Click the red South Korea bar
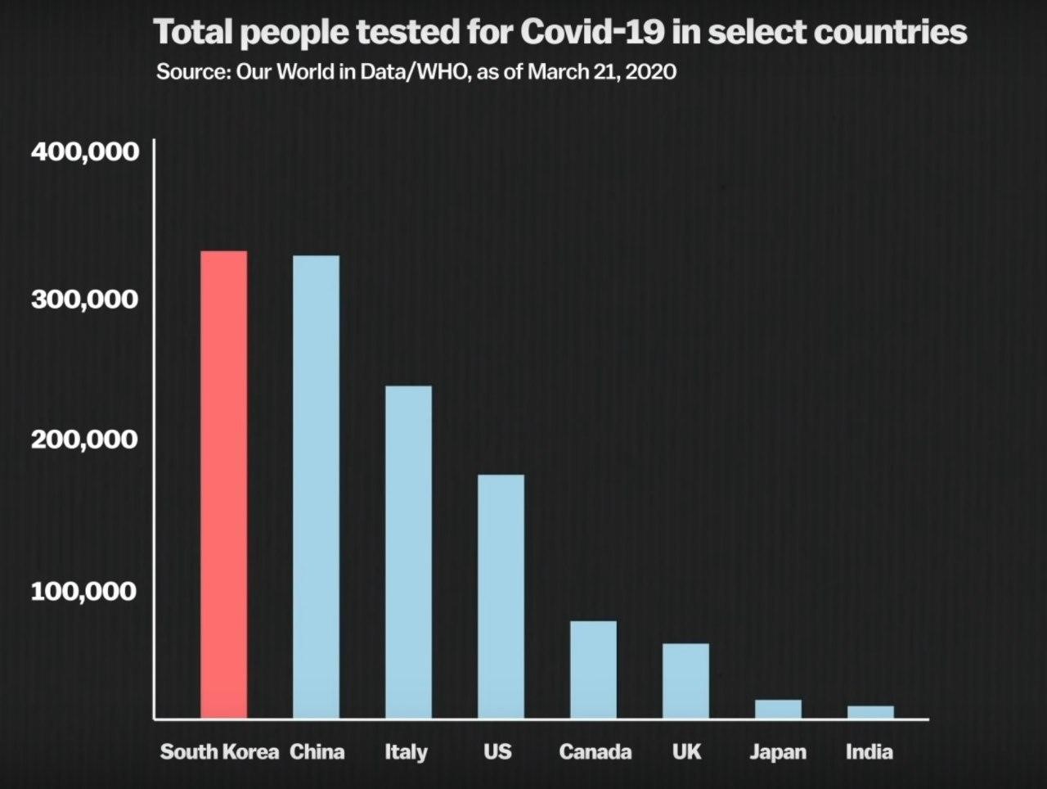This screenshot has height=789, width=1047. pyautogui.click(x=224, y=485)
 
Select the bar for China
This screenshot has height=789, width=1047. pyautogui.click(x=316, y=487)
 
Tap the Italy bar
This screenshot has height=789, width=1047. pyautogui.click(x=408, y=552)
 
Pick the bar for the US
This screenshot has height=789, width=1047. pyautogui.click(x=501, y=597)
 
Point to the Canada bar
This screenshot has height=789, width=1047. pyautogui.click(x=593, y=670)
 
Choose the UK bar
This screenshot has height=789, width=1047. pyautogui.click(x=685, y=681)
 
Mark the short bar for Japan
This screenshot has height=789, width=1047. pyautogui.click(x=778, y=709)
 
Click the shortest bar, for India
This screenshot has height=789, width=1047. pyautogui.click(x=870, y=712)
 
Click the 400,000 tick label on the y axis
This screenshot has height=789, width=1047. pyautogui.click(x=85, y=151)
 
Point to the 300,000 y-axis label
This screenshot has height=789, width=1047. pyautogui.click(x=85, y=299)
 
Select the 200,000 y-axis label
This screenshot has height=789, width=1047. pyautogui.click(x=85, y=440)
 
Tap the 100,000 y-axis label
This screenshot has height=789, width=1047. pyautogui.click(x=83, y=590)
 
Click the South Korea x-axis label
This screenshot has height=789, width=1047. pyautogui.click(x=219, y=751)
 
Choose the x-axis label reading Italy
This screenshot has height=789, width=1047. pyautogui.click(x=407, y=751)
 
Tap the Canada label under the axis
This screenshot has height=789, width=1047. pyautogui.click(x=595, y=751)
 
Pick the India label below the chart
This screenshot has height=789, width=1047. pyautogui.click(x=869, y=751)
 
